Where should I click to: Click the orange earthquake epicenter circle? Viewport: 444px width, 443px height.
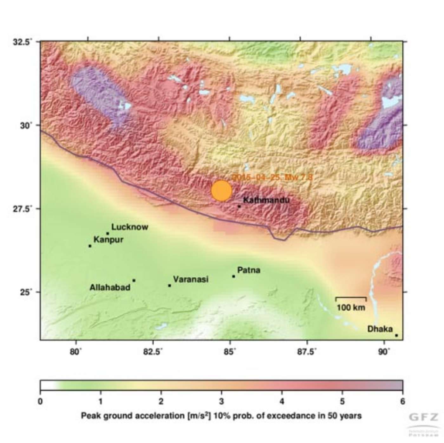click(x=222, y=191)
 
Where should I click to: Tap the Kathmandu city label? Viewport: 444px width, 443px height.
click(x=266, y=200)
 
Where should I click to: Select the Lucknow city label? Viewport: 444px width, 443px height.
click(x=130, y=227)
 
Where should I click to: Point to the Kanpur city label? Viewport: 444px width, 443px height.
click(x=108, y=240)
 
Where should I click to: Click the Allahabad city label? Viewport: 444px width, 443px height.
click(x=110, y=287)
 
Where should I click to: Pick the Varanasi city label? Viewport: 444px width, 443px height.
click(x=191, y=279)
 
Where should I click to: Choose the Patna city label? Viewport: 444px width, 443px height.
click(x=249, y=270)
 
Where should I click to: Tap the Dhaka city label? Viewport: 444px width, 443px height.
click(x=380, y=329)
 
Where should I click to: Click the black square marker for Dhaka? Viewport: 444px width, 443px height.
click(x=396, y=335)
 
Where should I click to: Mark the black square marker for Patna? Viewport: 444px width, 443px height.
click(x=233, y=276)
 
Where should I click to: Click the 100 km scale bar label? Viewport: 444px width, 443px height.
click(x=351, y=307)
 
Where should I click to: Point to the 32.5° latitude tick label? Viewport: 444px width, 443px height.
click(x=23, y=42)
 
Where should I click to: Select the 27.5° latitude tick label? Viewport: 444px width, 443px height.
click(x=23, y=209)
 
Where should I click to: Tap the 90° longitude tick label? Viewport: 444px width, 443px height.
click(x=384, y=352)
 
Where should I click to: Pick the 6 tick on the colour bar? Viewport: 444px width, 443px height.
click(x=402, y=401)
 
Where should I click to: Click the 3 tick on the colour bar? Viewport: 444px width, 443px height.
click(x=221, y=401)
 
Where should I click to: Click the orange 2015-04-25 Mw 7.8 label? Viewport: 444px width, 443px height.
click(x=272, y=177)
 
